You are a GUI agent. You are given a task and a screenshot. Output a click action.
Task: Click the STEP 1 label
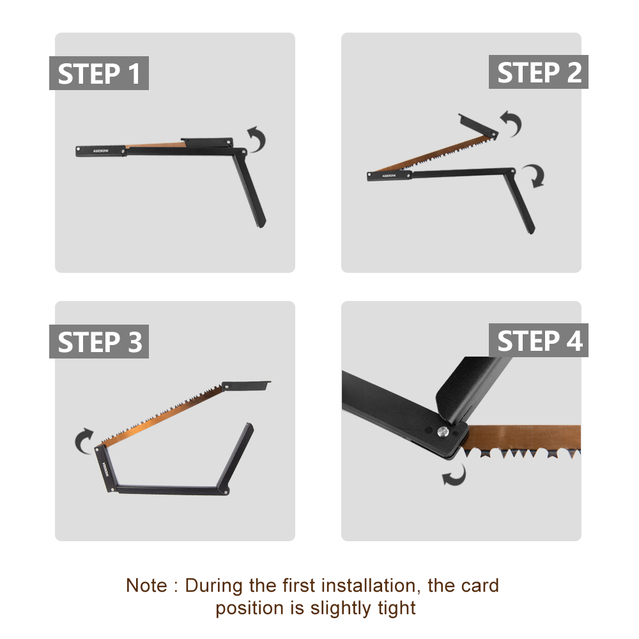click(x=99, y=73)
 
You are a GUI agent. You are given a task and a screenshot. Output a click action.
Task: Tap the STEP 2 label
click(x=539, y=72)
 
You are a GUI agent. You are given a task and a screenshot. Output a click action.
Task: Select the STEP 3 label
click(x=99, y=342)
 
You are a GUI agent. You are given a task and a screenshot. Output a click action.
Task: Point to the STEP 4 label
click(x=539, y=341)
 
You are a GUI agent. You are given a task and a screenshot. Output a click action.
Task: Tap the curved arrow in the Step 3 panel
click(x=84, y=442)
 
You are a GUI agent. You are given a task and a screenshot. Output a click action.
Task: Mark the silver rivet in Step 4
click(x=442, y=432)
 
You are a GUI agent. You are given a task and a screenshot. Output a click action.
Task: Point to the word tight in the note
click(x=397, y=608)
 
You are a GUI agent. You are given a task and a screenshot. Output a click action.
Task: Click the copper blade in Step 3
click(x=163, y=416)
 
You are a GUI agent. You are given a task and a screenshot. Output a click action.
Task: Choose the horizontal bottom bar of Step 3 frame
click(x=169, y=491)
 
